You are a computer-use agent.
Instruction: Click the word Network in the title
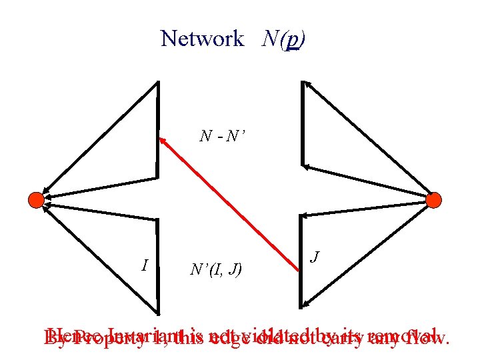202,39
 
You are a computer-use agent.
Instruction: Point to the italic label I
145,265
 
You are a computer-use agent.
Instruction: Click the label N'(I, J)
216,269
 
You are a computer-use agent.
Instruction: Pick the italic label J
316,257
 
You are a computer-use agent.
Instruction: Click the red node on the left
36,199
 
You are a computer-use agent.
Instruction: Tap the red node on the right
433,199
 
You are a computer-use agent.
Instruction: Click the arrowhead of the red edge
162,140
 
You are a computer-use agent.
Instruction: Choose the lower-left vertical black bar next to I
158,267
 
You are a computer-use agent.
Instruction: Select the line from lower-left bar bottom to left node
97,256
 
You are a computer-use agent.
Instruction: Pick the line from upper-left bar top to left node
97,141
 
